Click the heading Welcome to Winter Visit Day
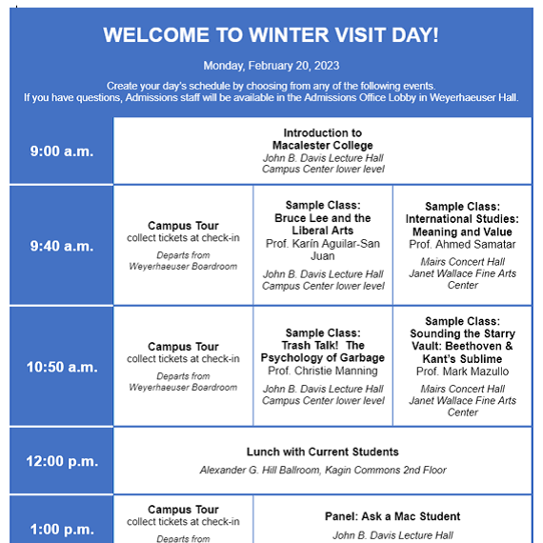(271, 35)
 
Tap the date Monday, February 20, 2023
(271, 66)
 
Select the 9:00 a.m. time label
(61, 151)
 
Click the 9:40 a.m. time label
(61, 246)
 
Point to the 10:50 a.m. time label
(61, 367)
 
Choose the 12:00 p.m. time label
(61, 461)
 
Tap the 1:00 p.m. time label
(61, 530)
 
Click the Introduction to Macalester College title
(323, 139)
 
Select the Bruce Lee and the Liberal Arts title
(323, 224)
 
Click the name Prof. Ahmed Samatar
(462, 245)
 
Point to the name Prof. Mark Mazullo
(462, 371)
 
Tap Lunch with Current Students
(323, 452)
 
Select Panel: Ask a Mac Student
(392, 516)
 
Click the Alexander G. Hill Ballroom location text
(323, 470)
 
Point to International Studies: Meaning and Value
(462, 225)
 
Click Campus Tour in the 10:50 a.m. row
(183, 347)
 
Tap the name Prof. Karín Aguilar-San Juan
(323, 250)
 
